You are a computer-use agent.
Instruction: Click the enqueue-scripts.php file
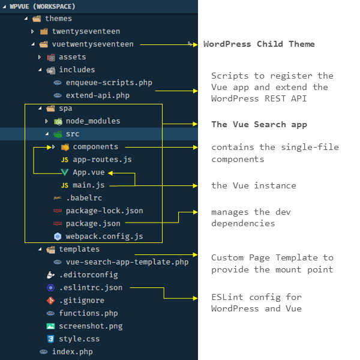[101, 82]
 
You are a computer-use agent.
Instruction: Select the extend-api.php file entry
[97, 95]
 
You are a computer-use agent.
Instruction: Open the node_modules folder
[92, 121]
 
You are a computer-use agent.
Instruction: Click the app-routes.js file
[101, 160]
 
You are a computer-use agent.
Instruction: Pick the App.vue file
[88, 173]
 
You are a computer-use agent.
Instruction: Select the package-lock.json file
[104, 211]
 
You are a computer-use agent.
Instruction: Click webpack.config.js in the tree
[104, 236]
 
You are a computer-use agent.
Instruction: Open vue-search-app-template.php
[127, 262]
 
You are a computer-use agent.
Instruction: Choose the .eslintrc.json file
[91, 287]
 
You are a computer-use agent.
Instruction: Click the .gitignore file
[81, 301]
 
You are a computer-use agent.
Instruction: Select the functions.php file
[88, 313]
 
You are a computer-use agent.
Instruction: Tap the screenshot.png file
[91, 326]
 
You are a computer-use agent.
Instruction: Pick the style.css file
[79, 339]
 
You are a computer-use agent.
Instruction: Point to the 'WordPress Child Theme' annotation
[259, 44]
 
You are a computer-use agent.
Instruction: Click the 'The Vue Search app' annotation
[259, 125]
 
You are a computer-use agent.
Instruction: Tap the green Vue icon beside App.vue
[65, 173]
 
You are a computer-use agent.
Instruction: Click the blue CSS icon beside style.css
[51, 339]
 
